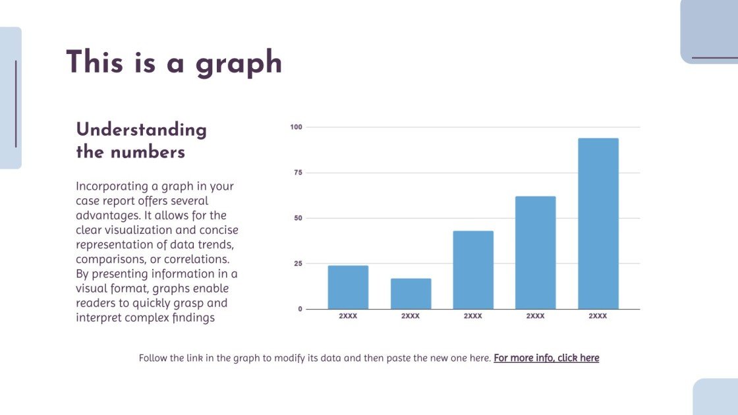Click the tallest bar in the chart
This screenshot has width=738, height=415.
(598, 223)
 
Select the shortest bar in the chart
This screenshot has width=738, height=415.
(411, 294)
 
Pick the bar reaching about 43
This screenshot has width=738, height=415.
(472, 269)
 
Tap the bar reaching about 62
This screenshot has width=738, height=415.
(535, 252)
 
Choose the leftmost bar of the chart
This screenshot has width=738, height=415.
(348, 287)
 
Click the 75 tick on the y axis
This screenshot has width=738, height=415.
(298, 173)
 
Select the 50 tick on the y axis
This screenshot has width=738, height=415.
(298, 218)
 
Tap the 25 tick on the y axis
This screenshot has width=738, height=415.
(298, 263)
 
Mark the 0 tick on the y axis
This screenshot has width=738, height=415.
(300, 309)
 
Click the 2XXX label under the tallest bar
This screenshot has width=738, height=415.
(598, 316)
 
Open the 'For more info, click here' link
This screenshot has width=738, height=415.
(546, 358)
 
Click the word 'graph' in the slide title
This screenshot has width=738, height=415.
(239, 64)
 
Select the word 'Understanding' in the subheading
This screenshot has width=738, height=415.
(141, 130)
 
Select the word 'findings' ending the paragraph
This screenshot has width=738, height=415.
(193, 318)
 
